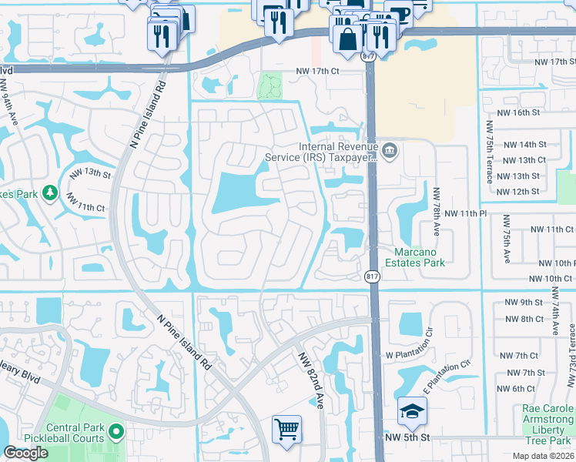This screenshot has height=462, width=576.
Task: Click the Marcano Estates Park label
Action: [x=420, y=257]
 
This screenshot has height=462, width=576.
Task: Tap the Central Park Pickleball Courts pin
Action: [x=116, y=433]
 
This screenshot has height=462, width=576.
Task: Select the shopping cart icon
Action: [x=286, y=430]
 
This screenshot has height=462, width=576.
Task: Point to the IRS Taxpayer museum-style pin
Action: [x=390, y=150]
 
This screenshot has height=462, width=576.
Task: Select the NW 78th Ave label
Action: [x=437, y=211]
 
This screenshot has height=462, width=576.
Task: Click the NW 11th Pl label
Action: [x=466, y=213]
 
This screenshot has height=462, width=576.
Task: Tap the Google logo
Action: [x=25, y=453]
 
